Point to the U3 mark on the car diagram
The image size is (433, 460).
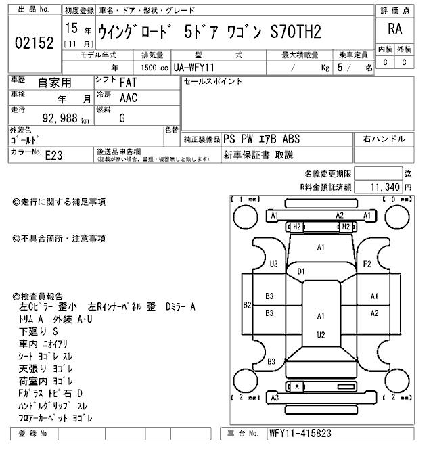click(274, 264)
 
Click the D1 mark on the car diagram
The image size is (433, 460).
click(301, 271)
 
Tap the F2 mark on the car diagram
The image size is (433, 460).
click(367, 263)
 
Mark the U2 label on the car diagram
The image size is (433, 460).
click(321, 334)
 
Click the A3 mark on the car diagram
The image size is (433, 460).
click(275, 398)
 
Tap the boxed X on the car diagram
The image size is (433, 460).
click(296, 386)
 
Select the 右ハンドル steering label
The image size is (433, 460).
click(384, 139)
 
